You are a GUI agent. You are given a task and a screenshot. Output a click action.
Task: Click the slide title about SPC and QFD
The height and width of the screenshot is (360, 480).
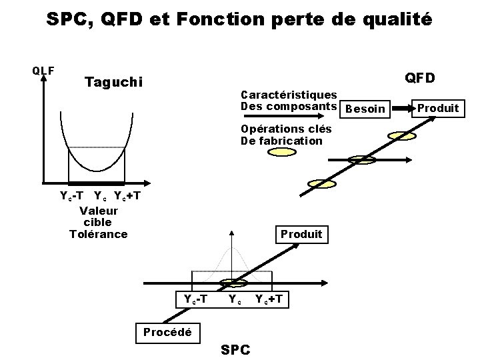click(239, 19)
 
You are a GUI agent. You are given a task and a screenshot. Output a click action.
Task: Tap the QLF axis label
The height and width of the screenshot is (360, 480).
click(43, 69)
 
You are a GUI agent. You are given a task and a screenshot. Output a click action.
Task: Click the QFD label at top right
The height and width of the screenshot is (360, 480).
click(421, 78)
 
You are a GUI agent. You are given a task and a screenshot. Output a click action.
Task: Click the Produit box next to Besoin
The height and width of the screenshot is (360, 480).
click(438, 108)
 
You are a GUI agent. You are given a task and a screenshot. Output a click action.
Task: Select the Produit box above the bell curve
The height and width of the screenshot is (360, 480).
click(301, 234)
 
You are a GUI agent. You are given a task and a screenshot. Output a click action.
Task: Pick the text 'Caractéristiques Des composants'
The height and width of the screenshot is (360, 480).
click(288, 101)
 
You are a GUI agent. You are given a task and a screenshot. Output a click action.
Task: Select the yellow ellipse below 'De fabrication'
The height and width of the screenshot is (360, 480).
click(281, 152)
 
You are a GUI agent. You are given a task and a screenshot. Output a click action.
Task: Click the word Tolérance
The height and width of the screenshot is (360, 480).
click(98, 233)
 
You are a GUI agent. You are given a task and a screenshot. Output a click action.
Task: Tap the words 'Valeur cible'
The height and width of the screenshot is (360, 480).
click(98, 216)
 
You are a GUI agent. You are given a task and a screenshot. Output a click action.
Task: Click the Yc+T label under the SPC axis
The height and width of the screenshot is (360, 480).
click(272, 299)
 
